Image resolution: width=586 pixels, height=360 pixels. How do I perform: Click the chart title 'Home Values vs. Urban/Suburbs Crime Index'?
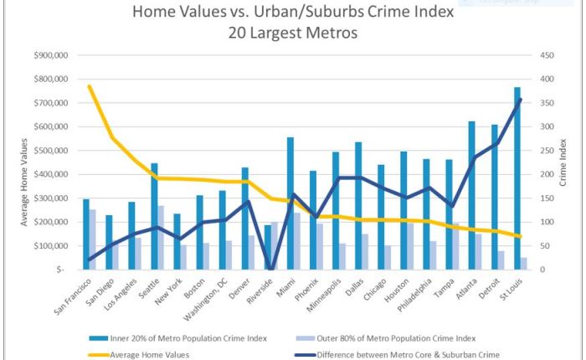[293, 13]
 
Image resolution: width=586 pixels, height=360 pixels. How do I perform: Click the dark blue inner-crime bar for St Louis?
[517, 178]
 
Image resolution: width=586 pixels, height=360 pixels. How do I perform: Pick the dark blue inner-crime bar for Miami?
[290, 203]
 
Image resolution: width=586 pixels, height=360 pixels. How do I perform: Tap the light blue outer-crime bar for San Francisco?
[92, 239]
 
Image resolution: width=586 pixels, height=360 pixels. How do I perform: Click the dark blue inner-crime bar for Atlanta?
[471, 195]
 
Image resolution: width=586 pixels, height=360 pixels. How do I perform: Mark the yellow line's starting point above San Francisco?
[89, 86]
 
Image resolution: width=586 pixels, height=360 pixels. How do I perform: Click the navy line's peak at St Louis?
[520, 99]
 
